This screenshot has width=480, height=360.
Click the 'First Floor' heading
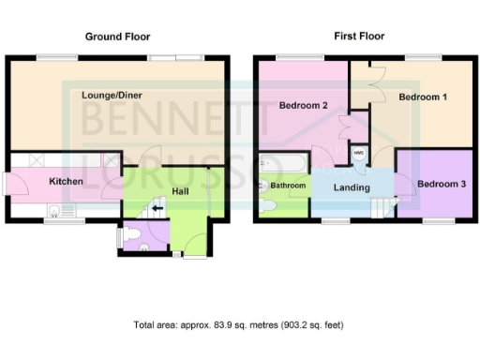[359, 37]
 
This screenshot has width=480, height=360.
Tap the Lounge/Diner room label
[112, 95]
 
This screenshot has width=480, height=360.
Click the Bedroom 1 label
[422, 97]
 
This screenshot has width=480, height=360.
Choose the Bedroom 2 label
[303, 105]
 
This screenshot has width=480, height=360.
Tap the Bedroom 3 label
[441, 183]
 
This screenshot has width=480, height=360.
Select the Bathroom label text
[288, 186]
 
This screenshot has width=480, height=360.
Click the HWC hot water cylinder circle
[358, 153]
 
